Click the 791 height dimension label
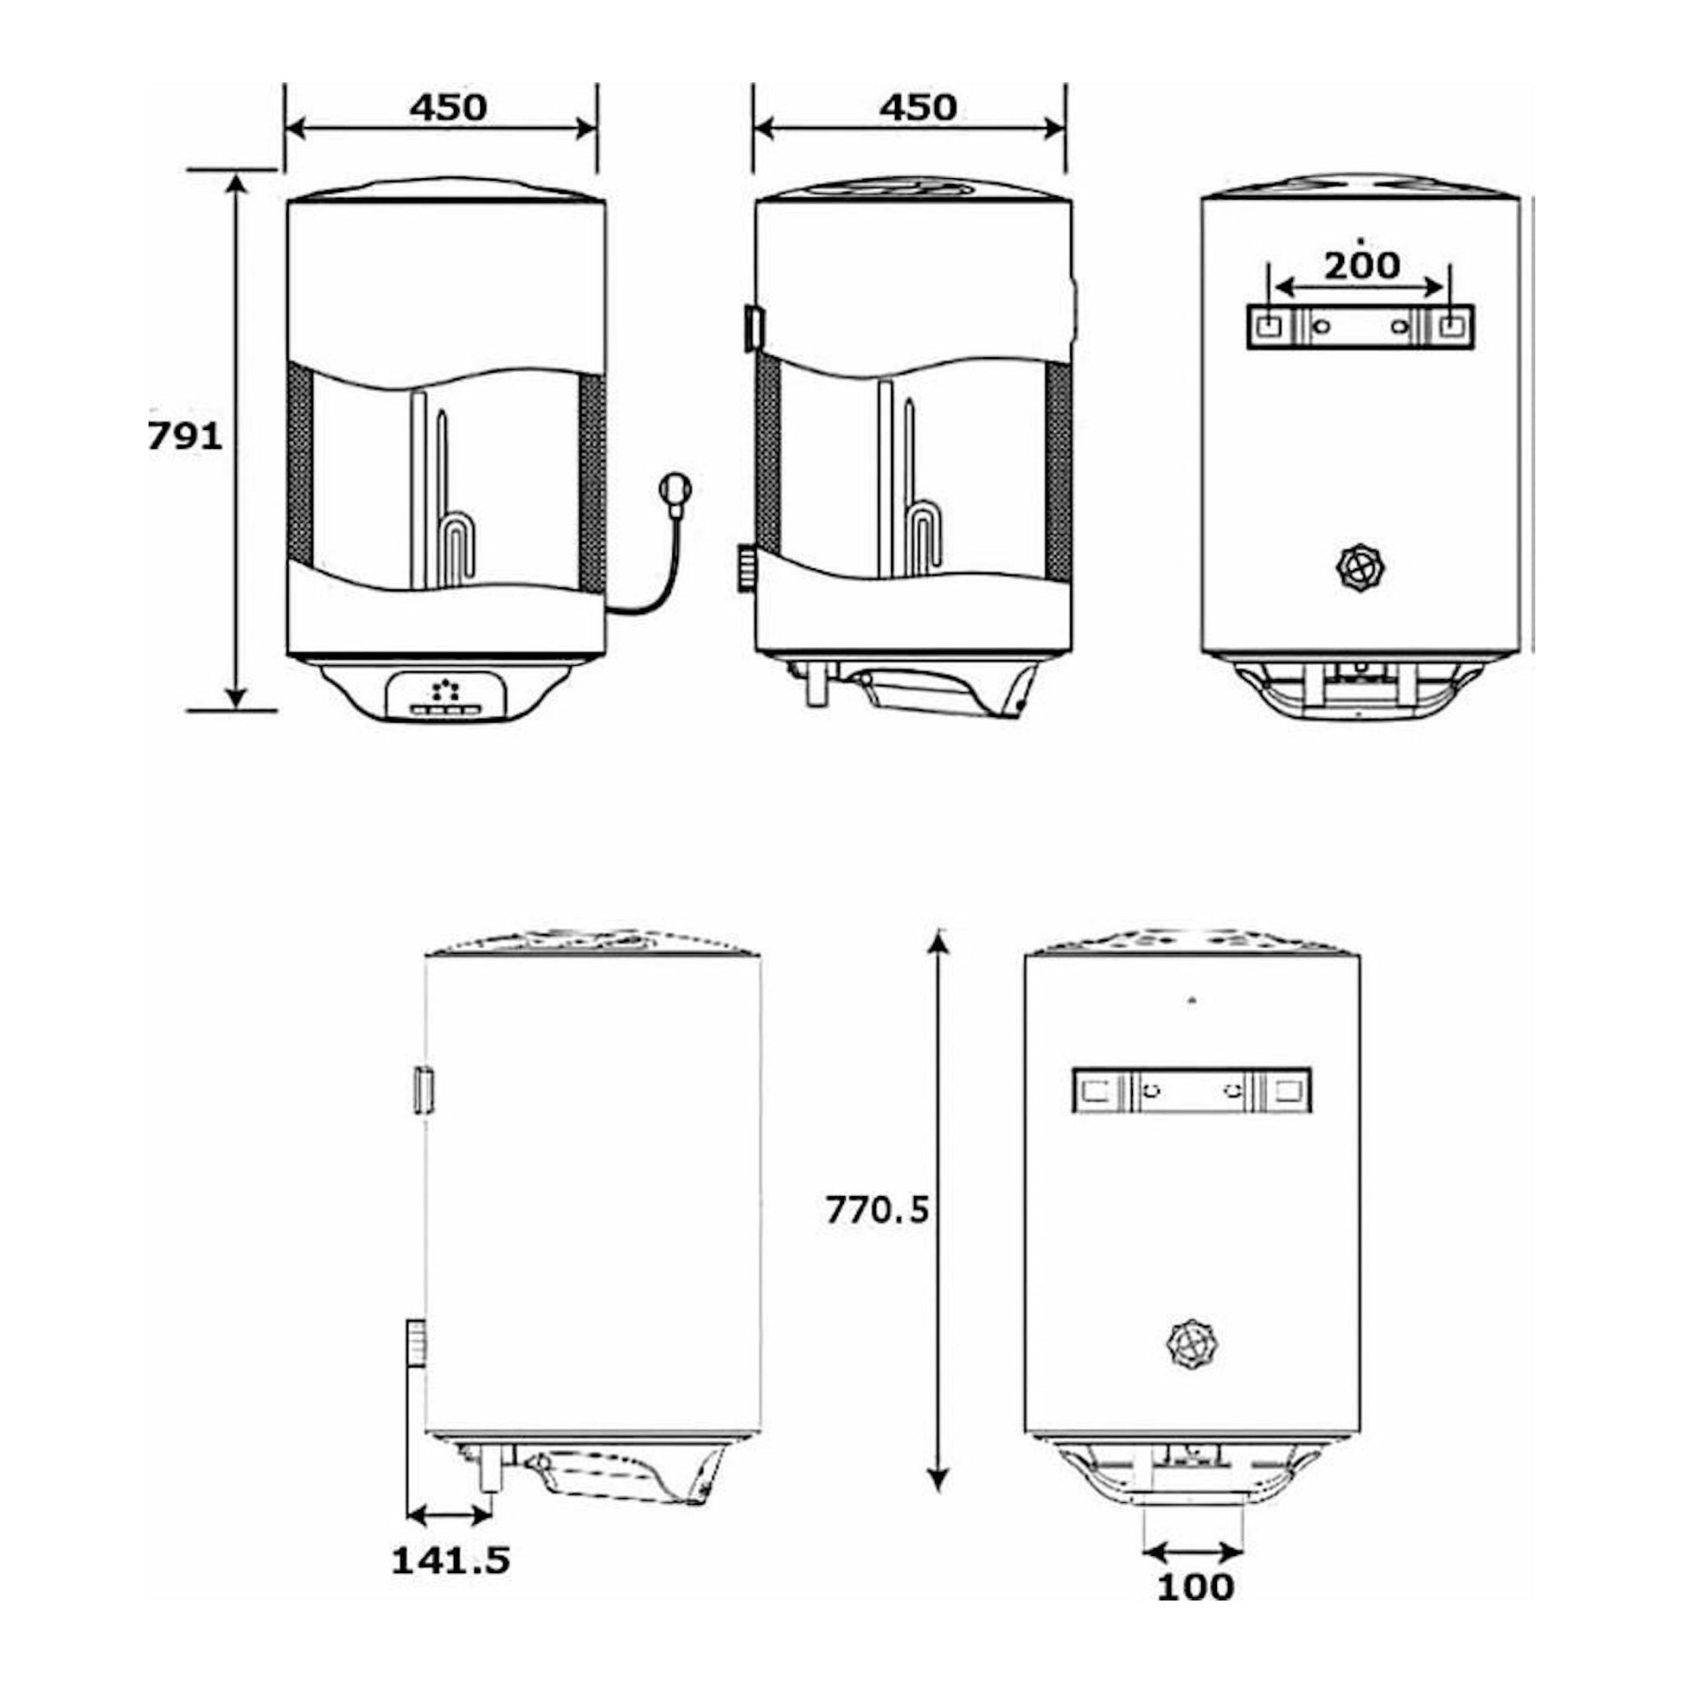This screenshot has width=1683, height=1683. [x=185, y=437]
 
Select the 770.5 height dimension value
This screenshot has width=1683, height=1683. [x=877, y=1210]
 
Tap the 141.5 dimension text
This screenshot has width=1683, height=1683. [x=451, y=1536]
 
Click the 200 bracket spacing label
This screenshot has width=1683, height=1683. [x=1361, y=265]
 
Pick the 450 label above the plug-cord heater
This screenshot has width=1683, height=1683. [x=448, y=107]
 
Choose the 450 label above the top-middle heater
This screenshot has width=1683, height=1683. [x=918, y=107]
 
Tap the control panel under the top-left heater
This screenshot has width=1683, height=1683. [x=446, y=694]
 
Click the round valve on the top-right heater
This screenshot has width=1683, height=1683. [x=1360, y=569]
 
